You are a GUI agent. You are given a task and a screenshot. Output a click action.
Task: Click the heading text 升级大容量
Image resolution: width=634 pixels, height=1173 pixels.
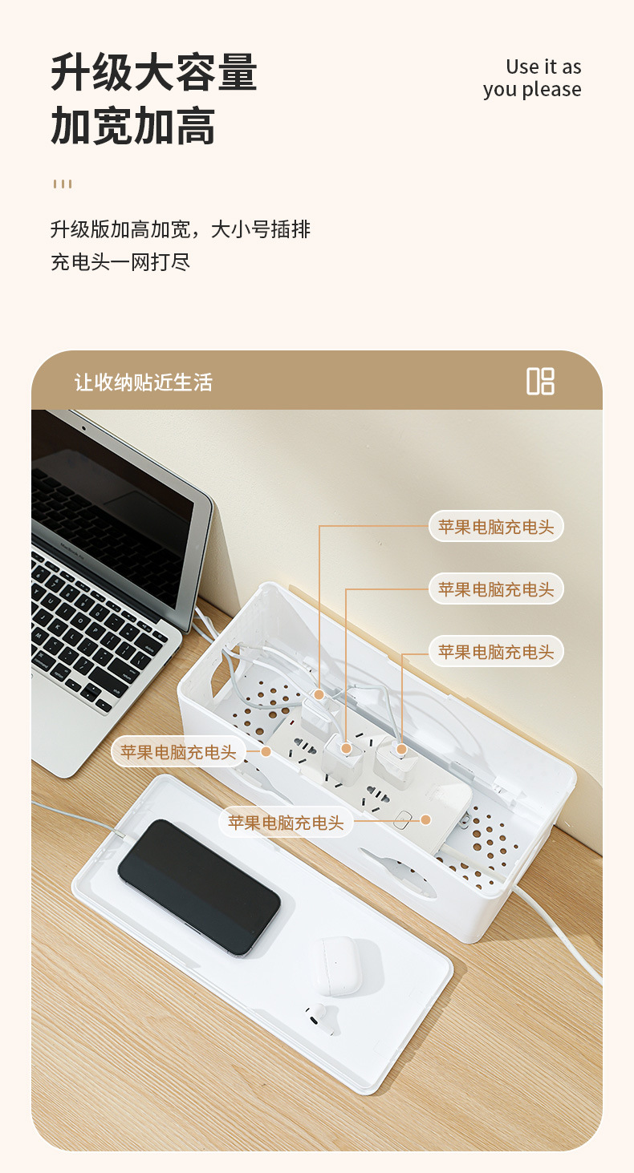tap(154, 73)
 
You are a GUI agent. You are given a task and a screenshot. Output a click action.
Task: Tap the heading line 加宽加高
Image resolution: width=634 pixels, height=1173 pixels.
tap(133, 126)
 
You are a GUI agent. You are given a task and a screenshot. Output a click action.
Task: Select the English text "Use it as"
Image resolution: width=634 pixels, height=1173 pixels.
tap(543, 67)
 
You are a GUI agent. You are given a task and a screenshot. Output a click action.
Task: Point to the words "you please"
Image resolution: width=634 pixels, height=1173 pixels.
tap(532, 90)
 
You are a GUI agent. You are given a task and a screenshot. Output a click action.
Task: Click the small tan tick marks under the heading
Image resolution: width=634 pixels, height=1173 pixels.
tap(63, 184)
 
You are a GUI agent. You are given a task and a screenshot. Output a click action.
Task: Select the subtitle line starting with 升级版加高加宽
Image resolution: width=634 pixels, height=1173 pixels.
tap(181, 230)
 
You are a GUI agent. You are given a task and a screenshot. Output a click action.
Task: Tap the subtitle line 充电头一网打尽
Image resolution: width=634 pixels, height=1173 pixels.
tap(120, 262)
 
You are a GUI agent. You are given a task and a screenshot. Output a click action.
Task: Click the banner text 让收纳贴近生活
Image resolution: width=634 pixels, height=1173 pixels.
tap(144, 382)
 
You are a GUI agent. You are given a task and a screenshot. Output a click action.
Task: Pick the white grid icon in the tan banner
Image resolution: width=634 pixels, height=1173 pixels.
tap(540, 381)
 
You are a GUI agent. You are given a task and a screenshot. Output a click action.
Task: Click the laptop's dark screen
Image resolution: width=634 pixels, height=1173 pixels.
tap(120, 513)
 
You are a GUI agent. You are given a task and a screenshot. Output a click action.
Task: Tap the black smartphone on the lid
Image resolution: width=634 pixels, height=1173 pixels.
tap(198, 886)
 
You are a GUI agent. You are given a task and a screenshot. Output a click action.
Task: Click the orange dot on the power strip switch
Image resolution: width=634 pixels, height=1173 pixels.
tap(426, 819)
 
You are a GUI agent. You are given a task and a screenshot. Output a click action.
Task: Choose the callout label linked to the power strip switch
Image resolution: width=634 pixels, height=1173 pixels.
tap(286, 823)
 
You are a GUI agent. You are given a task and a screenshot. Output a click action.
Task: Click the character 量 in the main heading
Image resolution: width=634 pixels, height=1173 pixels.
tap(237, 73)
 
